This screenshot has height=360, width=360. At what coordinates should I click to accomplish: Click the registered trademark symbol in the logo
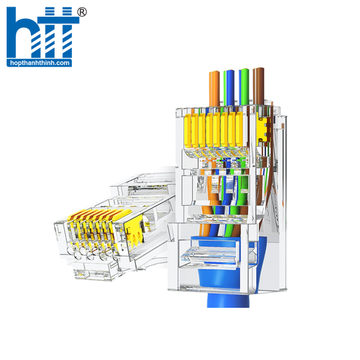tap(82, 12)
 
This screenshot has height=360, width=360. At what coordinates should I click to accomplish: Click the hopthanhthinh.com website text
tap(40, 63)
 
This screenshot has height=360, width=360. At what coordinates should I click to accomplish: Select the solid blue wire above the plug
tap(230, 88)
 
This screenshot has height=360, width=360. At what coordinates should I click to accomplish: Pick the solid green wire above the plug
tap(245, 86)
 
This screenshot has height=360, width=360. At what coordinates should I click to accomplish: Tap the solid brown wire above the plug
tap(260, 86)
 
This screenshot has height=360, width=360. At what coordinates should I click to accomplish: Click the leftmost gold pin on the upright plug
tap(187, 131)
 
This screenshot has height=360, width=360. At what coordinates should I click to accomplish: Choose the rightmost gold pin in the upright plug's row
tap(239, 129)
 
